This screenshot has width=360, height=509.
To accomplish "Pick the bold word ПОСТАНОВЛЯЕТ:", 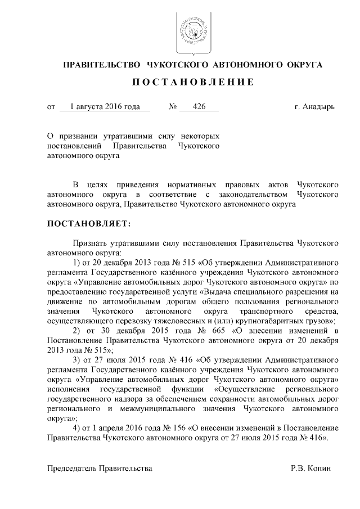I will tap(88, 224).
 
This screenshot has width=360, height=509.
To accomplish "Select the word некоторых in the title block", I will tap(199, 137).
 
